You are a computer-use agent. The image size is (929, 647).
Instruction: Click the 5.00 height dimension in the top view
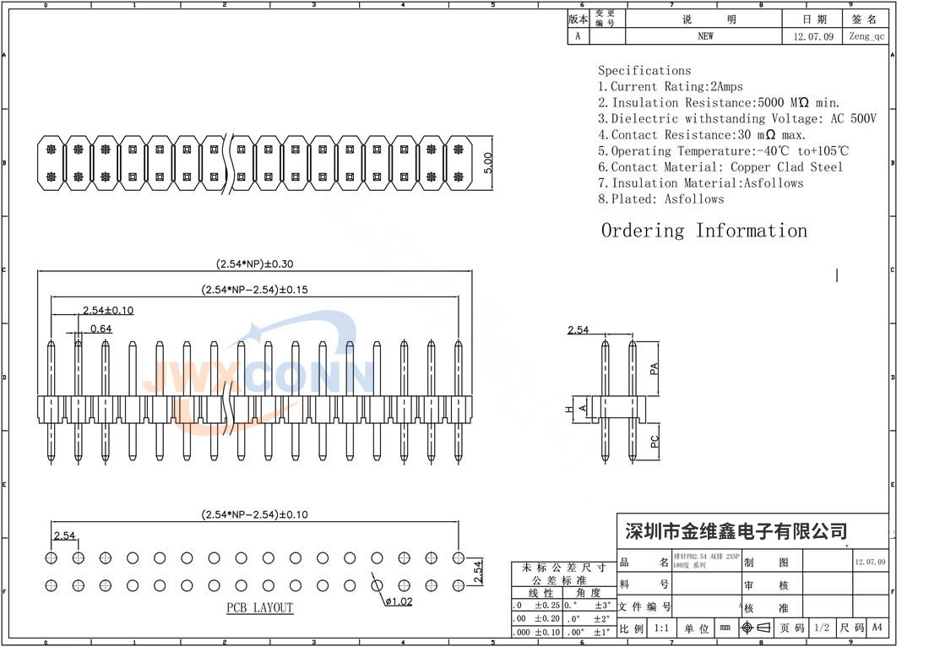(487, 162)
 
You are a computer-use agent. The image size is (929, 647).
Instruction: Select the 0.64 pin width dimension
(101, 329)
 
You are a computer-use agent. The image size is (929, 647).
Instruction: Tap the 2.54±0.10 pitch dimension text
(107, 310)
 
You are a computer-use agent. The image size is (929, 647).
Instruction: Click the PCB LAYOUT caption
(259, 608)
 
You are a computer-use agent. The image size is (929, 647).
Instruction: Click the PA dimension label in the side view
(653, 369)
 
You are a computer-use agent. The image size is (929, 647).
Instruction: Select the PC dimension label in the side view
(654, 439)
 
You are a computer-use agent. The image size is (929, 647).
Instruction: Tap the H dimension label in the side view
(569, 409)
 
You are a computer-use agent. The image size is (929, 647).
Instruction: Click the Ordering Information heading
(704, 231)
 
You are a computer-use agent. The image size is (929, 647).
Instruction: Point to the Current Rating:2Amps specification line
(671, 86)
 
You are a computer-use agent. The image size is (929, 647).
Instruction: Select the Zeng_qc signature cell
(867, 36)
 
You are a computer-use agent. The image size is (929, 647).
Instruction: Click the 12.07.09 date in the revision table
(813, 36)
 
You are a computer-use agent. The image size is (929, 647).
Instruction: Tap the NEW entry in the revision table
(705, 36)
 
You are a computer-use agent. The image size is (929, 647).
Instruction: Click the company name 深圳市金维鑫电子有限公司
(735, 531)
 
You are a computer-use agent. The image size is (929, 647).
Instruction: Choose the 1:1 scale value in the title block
(662, 628)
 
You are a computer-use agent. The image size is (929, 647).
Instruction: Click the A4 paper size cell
(877, 628)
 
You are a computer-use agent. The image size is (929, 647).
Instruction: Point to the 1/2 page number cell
(820, 628)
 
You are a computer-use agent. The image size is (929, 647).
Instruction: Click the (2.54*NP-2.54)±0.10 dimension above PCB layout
(254, 514)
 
